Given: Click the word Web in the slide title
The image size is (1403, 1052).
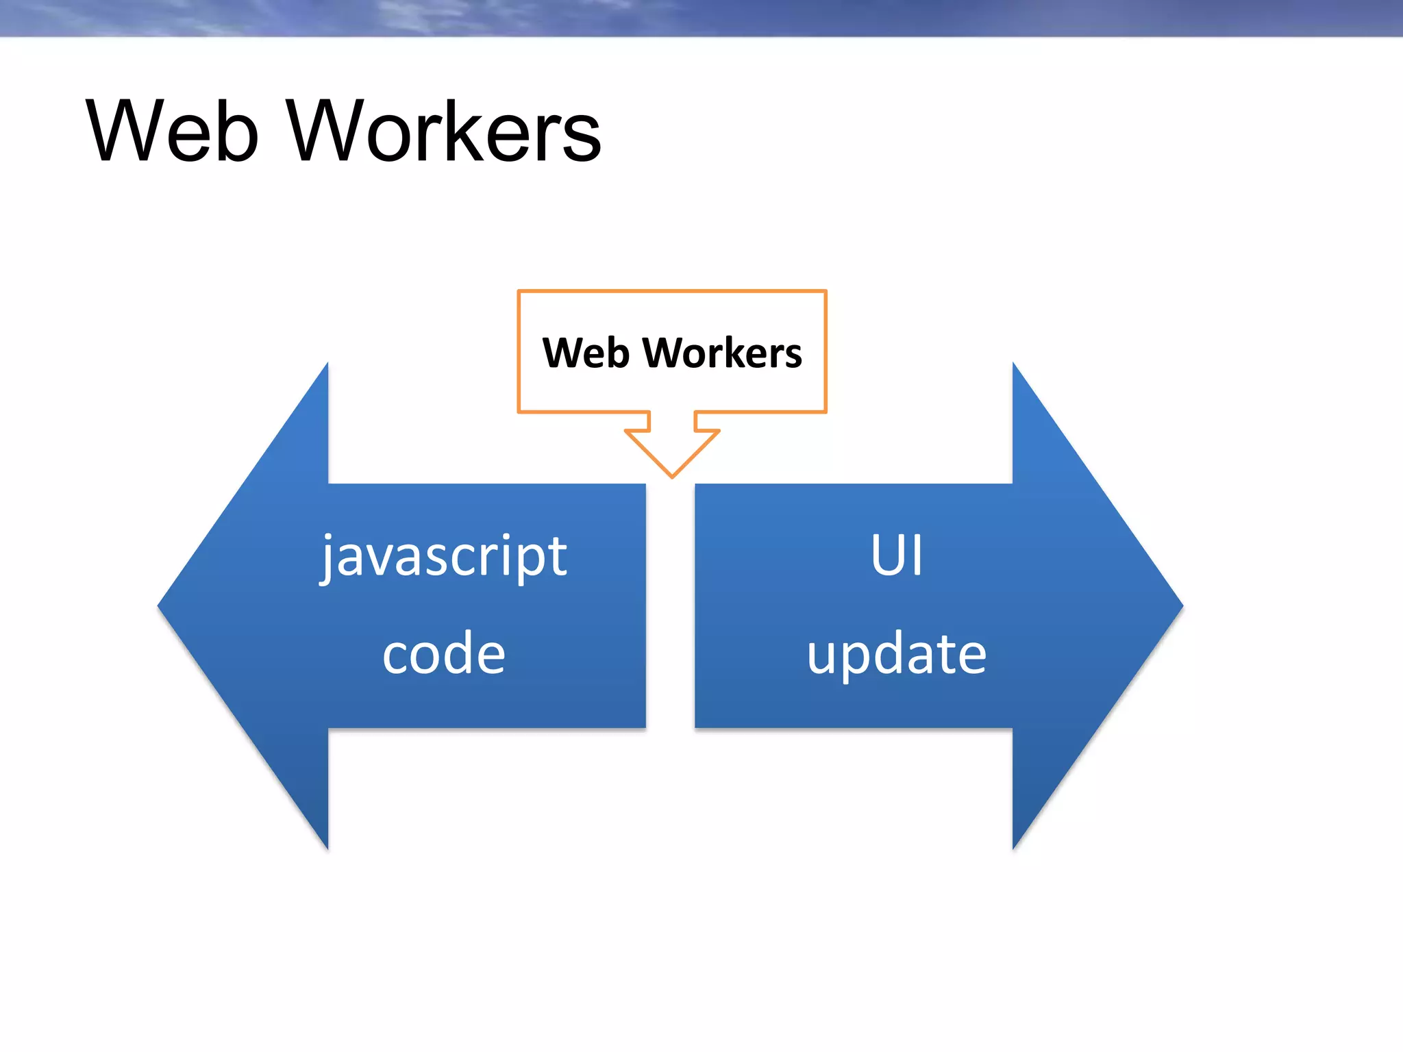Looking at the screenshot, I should click(x=173, y=131).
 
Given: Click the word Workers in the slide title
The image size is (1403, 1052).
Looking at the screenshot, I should click(x=444, y=131).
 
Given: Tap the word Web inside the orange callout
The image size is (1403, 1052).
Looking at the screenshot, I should click(x=586, y=353).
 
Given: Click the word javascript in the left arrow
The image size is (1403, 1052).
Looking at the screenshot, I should click(x=444, y=556).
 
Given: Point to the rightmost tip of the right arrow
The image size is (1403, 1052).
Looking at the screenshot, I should click(x=1181, y=605).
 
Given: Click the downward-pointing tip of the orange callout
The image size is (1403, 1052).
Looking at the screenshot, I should click(x=672, y=475).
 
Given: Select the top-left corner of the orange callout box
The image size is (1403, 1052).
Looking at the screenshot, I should click(x=519, y=292).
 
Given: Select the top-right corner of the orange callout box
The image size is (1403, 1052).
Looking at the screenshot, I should click(x=825, y=292).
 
